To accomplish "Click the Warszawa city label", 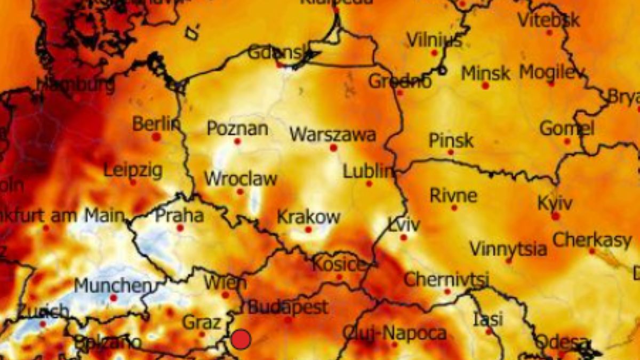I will (332, 134).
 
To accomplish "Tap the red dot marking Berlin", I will (156, 137).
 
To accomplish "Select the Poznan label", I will (237, 129).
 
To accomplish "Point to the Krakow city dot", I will (308, 230).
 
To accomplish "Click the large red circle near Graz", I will (241, 340).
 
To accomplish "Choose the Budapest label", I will (288, 307).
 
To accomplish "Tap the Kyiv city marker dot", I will (556, 216).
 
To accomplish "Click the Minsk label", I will (485, 73).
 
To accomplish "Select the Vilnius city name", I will (434, 40).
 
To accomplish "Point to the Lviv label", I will (404, 225).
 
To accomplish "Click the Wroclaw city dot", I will (240, 191).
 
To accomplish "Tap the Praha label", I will (179, 216).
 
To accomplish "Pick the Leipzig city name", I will (133, 171).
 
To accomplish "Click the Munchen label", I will (113, 285).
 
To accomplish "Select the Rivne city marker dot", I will (454, 207).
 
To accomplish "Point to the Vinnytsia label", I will (508, 249).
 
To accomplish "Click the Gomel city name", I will (567, 129).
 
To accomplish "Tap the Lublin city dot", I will (369, 183).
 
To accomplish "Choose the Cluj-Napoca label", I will (394, 333).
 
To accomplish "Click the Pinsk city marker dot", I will (451, 153).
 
